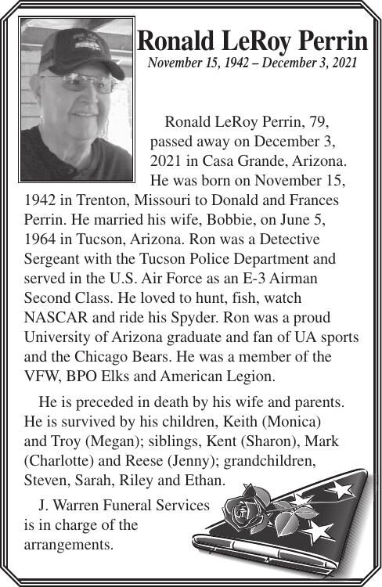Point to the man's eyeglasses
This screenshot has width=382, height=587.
[x=78, y=81]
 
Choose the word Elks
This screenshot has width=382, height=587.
[x=115, y=375]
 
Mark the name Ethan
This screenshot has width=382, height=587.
[x=203, y=477]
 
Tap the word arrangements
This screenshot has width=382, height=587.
[x=69, y=542]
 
